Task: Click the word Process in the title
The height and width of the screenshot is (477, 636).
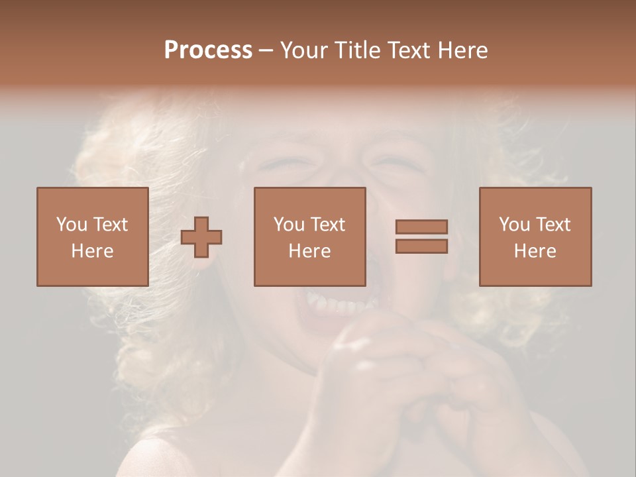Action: click(x=208, y=50)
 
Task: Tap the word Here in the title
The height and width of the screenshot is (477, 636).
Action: click(x=462, y=50)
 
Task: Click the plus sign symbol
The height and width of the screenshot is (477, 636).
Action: click(x=201, y=237)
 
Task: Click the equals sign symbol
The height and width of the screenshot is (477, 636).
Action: click(x=421, y=237)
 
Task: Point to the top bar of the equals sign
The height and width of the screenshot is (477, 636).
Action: click(x=421, y=227)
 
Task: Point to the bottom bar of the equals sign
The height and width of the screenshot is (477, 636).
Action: click(x=421, y=246)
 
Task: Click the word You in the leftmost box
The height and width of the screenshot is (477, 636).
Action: click(x=72, y=225)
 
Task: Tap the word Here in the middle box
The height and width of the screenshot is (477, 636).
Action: click(x=309, y=251)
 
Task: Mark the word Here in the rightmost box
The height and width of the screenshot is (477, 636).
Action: click(x=535, y=251)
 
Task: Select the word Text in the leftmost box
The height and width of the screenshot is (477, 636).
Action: click(x=110, y=225)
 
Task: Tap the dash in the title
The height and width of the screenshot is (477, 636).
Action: click(x=266, y=50)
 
